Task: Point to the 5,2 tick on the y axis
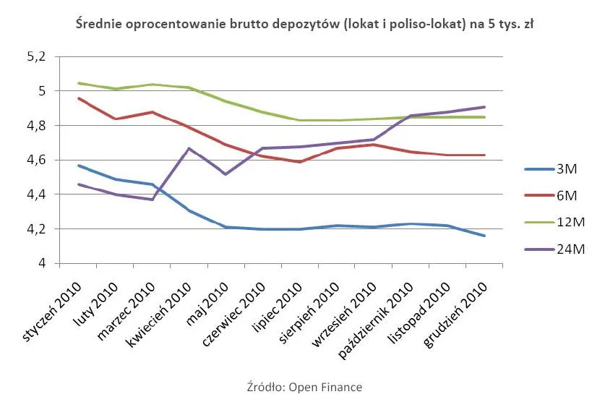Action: point(35,56)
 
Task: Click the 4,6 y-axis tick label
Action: point(35,160)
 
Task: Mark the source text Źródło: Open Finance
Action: point(304,387)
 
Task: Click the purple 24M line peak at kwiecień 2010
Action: point(189,148)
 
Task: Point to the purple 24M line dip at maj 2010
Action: point(226,174)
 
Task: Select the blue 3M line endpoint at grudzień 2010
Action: point(484,236)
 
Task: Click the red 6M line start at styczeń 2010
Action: point(78,98)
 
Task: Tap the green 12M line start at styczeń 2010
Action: point(78,82)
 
